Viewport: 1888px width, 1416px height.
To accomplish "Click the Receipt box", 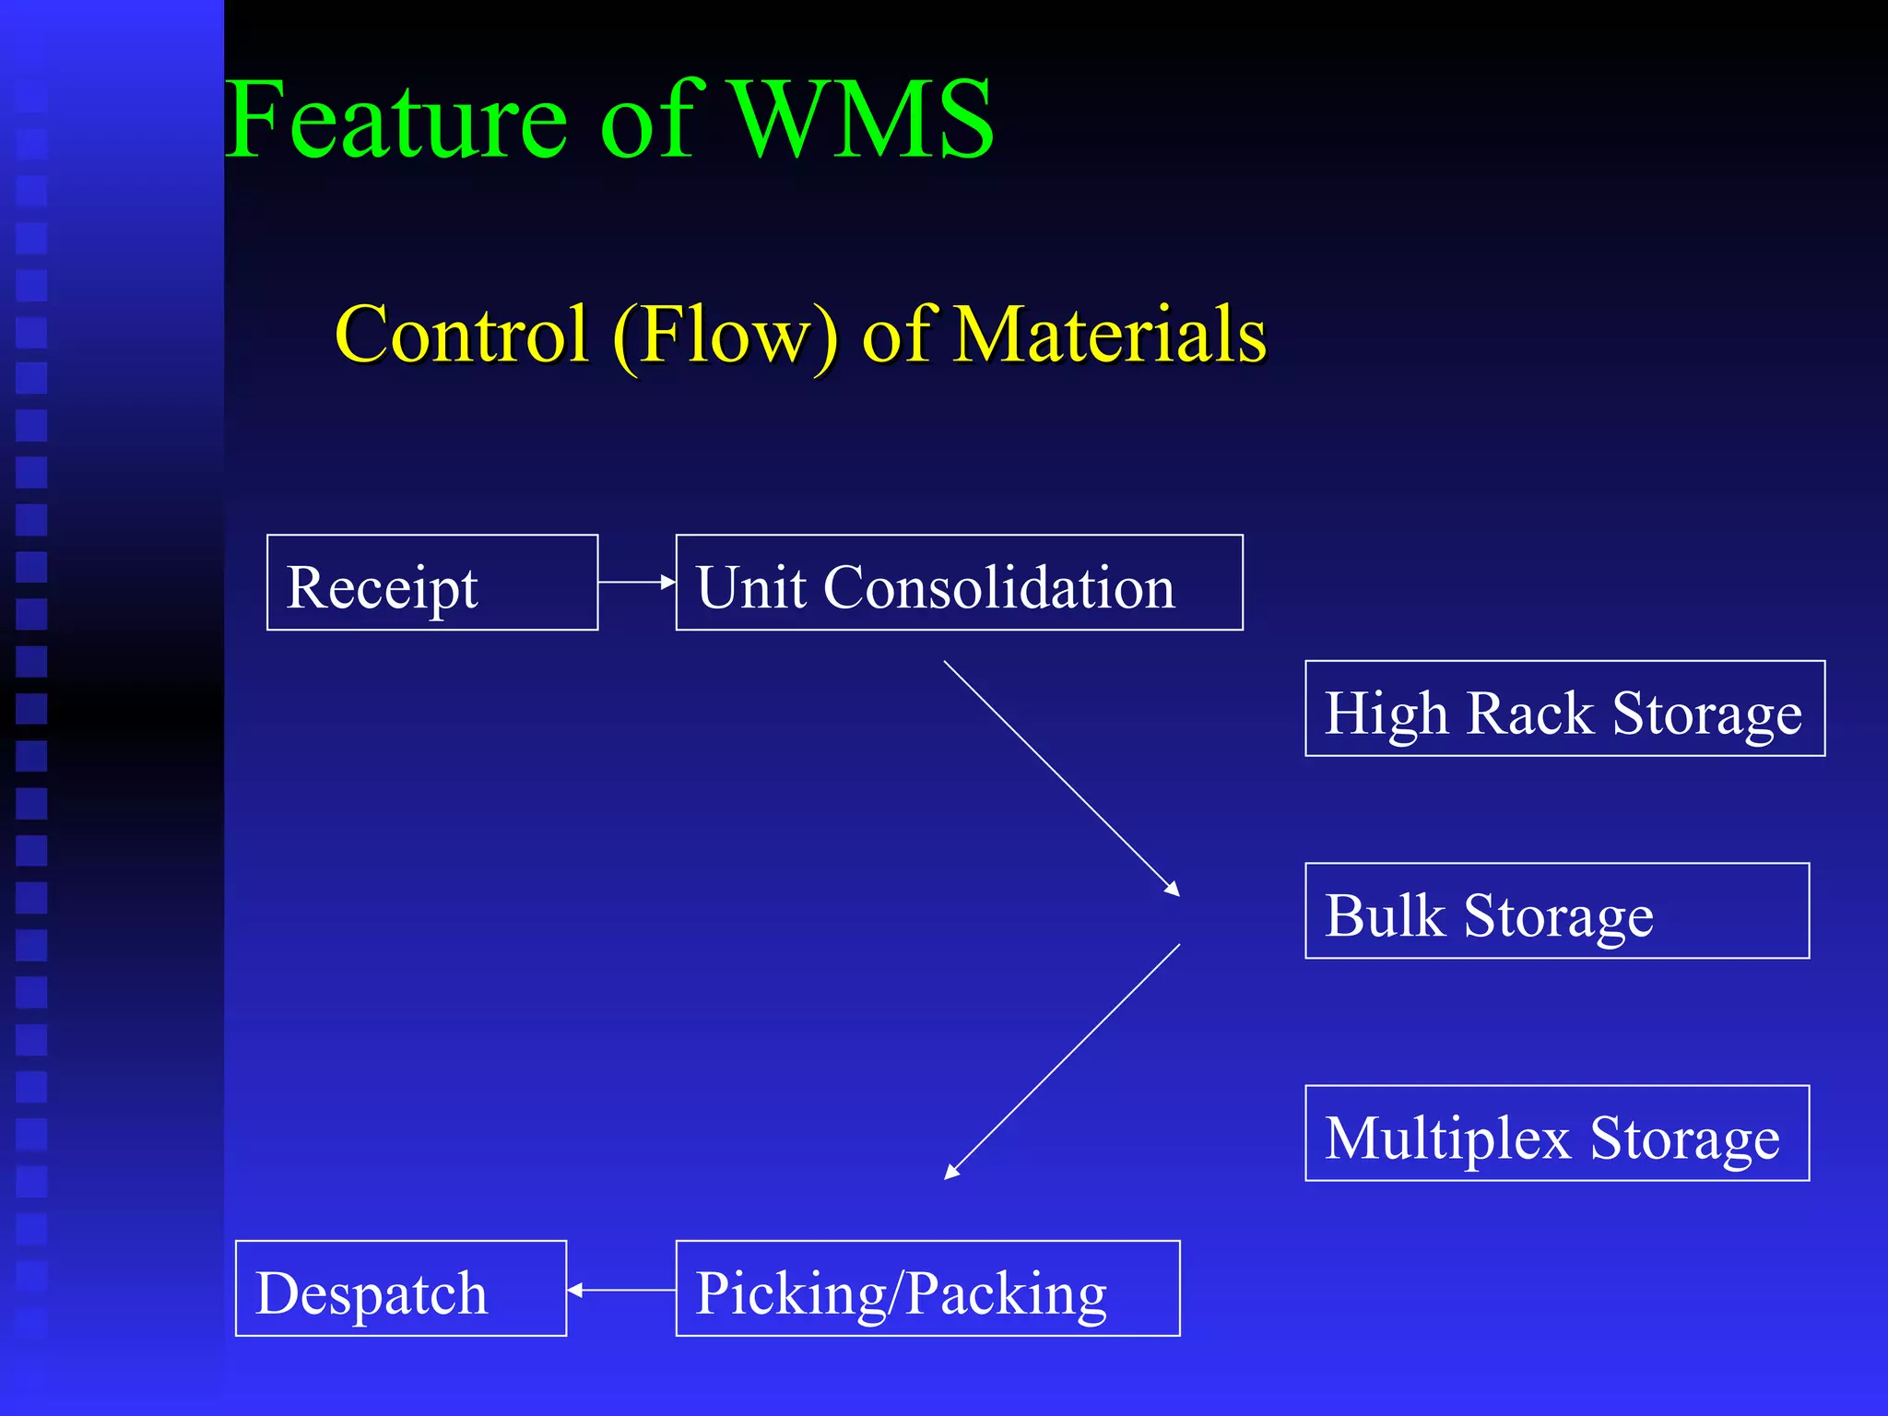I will pyautogui.click(x=432, y=583).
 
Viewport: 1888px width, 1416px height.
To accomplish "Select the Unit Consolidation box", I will pyautogui.click(x=959, y=583).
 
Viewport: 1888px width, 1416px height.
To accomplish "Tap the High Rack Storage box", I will pyautogui.click(x=1564, y=709).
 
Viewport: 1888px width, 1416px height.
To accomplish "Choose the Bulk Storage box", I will pyautogui.click(x=1557, y=911).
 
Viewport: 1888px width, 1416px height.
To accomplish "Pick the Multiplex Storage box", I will pyautogui.click(x=1557, y=1133).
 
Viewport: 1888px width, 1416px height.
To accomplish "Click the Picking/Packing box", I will pyautogui.click(x=927, y=1289).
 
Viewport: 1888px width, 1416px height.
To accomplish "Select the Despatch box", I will pyautogui.click(x=401, y=1289).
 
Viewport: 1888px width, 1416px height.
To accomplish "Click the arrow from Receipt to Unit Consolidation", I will pyautogui.click(x=636, y=582).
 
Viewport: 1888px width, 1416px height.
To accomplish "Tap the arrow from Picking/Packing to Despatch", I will pyautogui.click(x=621, y=1291).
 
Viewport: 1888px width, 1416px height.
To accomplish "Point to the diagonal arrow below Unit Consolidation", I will pyautogui.click(x=1061, y=778).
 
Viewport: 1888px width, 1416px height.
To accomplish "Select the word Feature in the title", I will pyautogui.click(x=396, y=120).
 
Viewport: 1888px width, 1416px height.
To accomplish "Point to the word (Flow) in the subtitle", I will pyautogui.click(x=726, y=336).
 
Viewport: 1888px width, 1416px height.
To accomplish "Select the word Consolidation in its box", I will pyautogui.click(x=999, y=587).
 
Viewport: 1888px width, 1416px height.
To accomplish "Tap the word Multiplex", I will pyautogui.click(x=1447, y=1138).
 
